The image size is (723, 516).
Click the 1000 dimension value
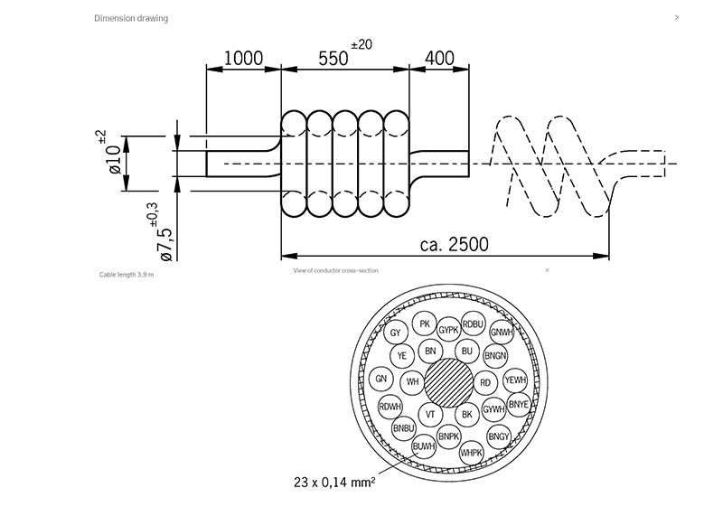(243, 59)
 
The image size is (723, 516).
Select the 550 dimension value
(333, 59)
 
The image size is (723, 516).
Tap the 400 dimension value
(438, 59)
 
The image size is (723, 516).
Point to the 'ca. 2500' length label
(455, 244)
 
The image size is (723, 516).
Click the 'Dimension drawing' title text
(131, 18)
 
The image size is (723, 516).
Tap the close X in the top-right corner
(677, 17)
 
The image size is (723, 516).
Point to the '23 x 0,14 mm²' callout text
(333, 482)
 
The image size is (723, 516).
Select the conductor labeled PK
(425, 324)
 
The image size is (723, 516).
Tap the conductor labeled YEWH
(515, 380)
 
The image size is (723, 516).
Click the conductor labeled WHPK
(472, 452)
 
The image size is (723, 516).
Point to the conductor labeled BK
(466, 415)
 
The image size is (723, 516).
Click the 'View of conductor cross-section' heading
(336, 269)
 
